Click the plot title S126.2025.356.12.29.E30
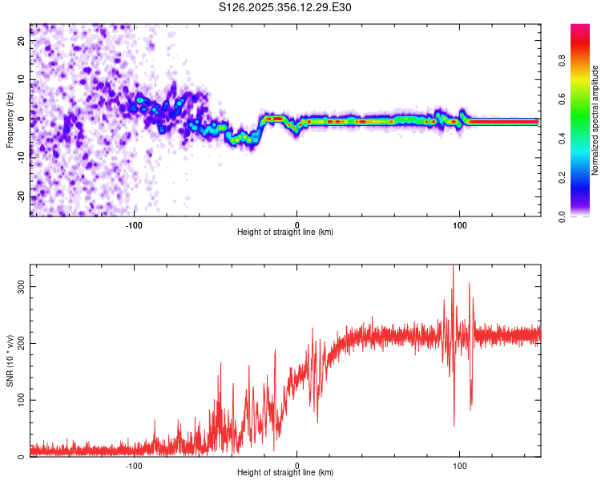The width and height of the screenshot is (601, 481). point(285,7)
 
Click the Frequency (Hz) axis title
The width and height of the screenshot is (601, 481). point(10,120)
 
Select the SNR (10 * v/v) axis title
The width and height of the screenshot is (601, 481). point(10,361)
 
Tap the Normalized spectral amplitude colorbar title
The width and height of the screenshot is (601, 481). point(595,120)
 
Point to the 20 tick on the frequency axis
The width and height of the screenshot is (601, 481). point(22,42)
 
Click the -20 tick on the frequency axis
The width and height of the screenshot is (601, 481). point(22,196)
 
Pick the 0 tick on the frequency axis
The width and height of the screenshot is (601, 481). point(22,119)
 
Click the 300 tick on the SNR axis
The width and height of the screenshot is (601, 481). point(22,286)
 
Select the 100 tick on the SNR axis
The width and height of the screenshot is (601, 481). point(22,400)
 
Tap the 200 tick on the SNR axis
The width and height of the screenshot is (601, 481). point(22,343)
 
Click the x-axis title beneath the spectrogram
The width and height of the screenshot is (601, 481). point(285,232)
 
